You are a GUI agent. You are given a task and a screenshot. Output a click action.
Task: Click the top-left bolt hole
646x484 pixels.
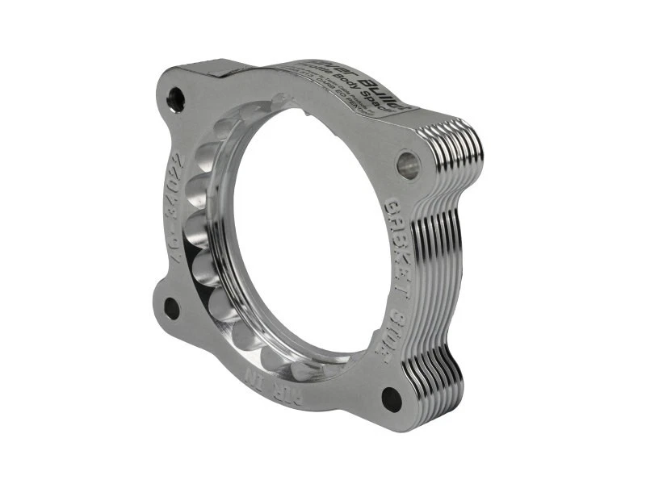click(175, 99)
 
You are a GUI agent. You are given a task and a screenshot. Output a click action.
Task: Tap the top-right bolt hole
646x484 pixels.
click(409, 165)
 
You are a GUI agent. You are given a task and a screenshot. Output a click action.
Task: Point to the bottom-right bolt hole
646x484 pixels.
click(392, 398)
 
